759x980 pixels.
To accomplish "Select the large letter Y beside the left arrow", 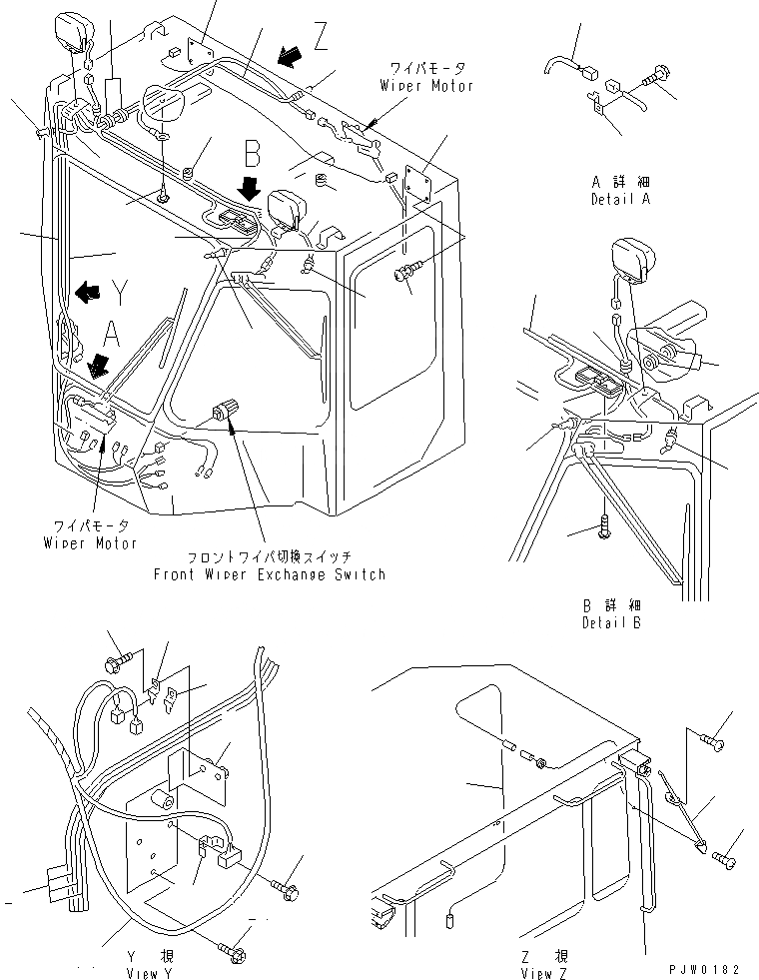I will [x=120, y=292].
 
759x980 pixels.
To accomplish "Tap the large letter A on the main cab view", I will [x=112, y=333].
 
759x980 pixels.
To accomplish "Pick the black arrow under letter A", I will [x=98, y=366].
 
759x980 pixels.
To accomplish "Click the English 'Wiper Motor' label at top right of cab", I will [x=426, y=86].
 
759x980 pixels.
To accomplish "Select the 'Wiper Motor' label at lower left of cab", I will [x=90, y=542].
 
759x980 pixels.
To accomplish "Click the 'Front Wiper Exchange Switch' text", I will [x=269, y=574].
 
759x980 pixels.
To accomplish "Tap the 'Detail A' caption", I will [x=620, y=200].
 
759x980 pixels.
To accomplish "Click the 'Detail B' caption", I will [x=611, y=622].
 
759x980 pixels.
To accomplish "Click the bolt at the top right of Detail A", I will [x=658, y=73].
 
